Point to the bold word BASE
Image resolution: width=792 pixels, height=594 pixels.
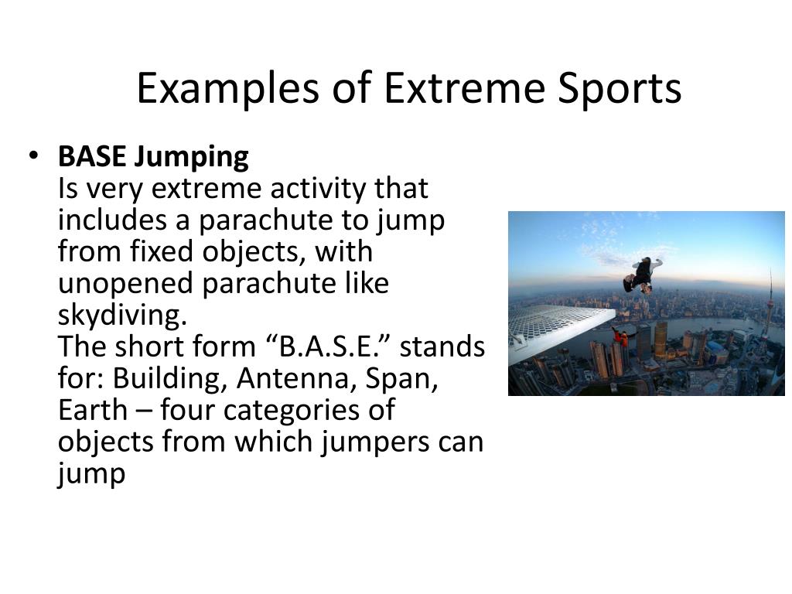92,157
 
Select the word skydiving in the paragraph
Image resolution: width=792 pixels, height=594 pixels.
121,316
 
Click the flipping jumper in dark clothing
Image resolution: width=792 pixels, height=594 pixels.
642,273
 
